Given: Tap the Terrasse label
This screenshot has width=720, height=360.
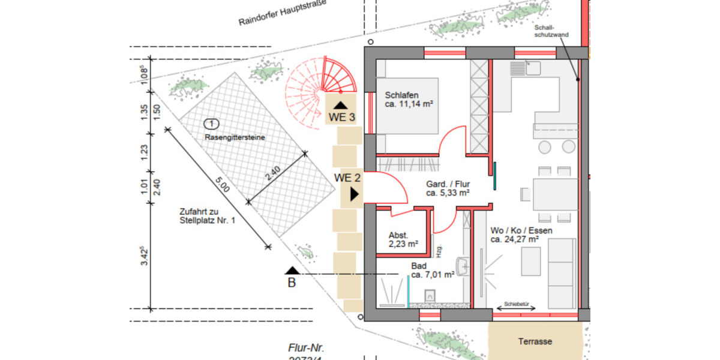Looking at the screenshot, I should point(535,341).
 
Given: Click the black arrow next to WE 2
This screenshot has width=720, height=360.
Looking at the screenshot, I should point(355,194).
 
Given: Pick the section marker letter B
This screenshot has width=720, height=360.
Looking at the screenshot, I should point(292,283).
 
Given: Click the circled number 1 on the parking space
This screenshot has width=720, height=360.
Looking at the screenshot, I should point(211,124).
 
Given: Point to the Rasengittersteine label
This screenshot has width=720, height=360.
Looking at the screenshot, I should point(235,137).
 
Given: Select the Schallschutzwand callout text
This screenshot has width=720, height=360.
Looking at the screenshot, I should point(548,32).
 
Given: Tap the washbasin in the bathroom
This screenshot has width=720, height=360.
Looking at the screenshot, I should point(461,266).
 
